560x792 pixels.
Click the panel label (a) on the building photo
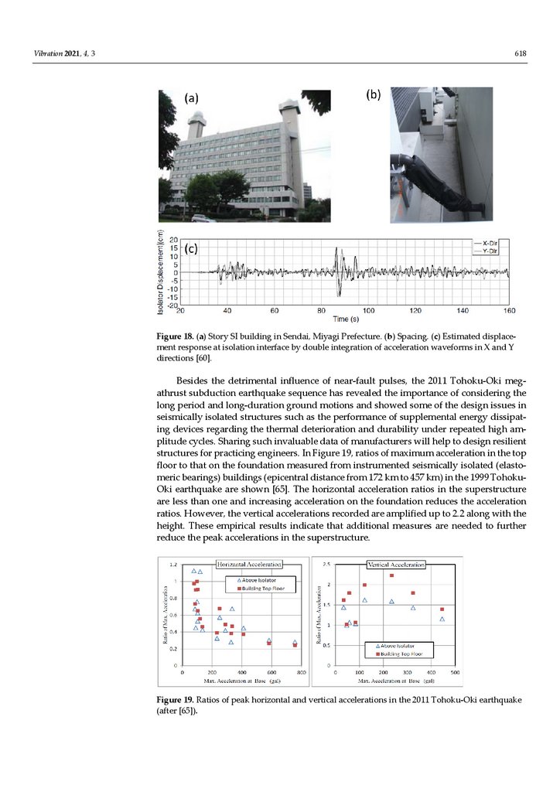coord(191,98)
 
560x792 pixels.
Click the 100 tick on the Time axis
coord(369,311)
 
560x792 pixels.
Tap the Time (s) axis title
coord(345,319)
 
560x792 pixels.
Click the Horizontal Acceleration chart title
coord(248,565)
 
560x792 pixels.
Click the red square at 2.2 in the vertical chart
coord(392,575)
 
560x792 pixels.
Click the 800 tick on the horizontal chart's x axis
coord(302,673)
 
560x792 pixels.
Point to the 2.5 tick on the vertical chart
coord(328,565)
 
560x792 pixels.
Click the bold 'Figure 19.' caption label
coord(176,700)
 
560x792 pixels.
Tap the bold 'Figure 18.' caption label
coord(175,337)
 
